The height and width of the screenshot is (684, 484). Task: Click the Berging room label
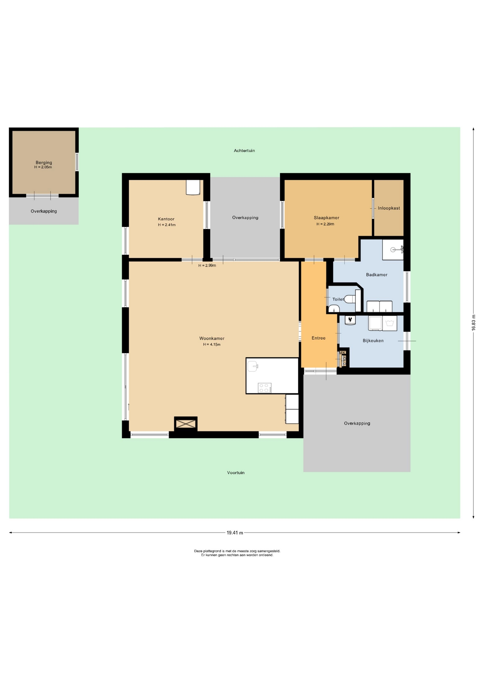tap(44, 162)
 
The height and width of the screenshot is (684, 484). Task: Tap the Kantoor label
tap(166, 219)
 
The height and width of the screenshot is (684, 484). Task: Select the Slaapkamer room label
tap(326, 218)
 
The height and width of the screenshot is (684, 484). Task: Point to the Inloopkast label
tap(389, 208)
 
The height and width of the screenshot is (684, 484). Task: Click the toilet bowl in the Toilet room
tap(350, 299)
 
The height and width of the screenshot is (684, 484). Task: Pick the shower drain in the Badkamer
tap(393, 249)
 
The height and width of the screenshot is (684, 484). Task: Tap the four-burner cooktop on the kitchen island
tap(264, 388)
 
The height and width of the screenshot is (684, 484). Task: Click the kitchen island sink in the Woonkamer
tap(253, 366)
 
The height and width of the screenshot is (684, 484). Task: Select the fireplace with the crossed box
tap(186, 424)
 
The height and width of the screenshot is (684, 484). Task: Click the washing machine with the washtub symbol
tap(390, 323)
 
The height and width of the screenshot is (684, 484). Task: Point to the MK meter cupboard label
tap(342, 353)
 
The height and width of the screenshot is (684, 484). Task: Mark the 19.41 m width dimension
tap(235, 533)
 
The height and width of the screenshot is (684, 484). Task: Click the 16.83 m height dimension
tap(474, 323)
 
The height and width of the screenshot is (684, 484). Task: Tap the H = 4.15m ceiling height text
tap(212, 344)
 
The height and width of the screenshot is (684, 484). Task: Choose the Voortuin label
tap(236, 473)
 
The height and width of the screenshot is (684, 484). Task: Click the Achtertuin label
tap(244, 151)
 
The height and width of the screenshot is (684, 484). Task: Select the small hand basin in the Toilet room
tap(334, 309)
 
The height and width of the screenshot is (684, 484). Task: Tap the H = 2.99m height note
tap(207, 265)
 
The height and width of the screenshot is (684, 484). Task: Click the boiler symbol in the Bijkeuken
tap(350, 320)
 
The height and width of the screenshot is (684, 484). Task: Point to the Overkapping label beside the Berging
tap(44, 211)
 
